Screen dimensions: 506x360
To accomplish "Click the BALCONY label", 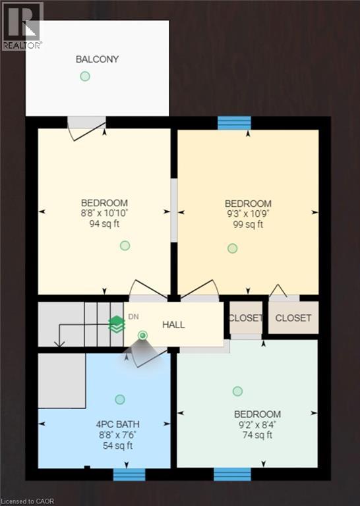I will tap(97, 59).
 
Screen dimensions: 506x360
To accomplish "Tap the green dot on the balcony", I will tap(84, 76).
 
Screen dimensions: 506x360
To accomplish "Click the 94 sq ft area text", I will tap(104, 224).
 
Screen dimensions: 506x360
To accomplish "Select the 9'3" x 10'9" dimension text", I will tap(248, 214).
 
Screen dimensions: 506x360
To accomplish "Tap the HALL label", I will tap(173, 325).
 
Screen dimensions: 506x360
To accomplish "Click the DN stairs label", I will tap(133, 317).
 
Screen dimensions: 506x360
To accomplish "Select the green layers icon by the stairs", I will tap(117, 324).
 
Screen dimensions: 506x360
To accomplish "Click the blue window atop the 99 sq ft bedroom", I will tap(234, 123).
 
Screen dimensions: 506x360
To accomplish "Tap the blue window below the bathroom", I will tap(129, 474).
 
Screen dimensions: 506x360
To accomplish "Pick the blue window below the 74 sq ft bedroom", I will tap(232, 474).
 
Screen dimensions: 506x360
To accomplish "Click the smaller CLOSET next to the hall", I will tap(245, 318).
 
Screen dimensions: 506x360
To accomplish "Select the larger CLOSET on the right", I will tap(293, 318).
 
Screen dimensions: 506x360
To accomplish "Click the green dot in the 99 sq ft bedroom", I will tap(232, 248).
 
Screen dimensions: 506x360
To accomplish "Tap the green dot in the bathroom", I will tap(120, 399).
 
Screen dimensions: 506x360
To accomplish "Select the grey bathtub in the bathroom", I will tap(62, 381).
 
